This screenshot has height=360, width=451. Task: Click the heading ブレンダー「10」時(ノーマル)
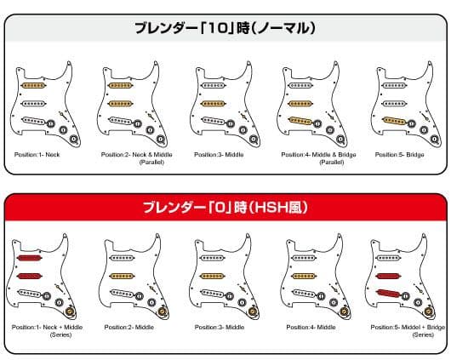[225, 27]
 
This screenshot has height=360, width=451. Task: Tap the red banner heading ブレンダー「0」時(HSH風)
[225, 207]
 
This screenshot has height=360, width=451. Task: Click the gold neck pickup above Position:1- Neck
[33, 85]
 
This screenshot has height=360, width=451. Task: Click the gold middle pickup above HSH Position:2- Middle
[123, 276]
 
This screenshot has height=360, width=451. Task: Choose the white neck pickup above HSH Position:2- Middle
[123, 258]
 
